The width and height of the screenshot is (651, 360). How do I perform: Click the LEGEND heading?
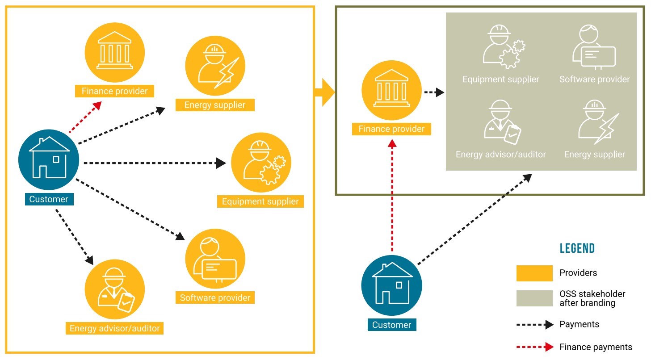coord(577,248)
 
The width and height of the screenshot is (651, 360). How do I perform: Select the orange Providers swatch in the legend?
coord(534,273)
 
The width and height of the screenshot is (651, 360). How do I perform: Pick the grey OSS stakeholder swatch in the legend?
coord(534,298)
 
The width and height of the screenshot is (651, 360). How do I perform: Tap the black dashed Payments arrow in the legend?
coord(535,325)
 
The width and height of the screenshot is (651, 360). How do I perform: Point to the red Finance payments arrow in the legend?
coord(535,347)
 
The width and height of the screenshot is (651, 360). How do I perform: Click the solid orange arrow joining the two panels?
coord(325,92)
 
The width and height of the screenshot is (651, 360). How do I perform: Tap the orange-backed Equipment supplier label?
coord(260,201)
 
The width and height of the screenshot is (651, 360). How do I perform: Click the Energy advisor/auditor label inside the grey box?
coord(500,155)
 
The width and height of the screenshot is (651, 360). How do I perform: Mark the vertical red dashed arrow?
coord(392,197)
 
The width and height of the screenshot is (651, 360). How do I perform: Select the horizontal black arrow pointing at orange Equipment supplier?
coord(154,163)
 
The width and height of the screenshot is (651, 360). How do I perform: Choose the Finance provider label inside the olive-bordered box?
coord(391,129)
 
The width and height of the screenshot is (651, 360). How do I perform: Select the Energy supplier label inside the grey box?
coord(594,155)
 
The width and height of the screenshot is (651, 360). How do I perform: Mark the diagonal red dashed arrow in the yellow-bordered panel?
coord(85,117)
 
